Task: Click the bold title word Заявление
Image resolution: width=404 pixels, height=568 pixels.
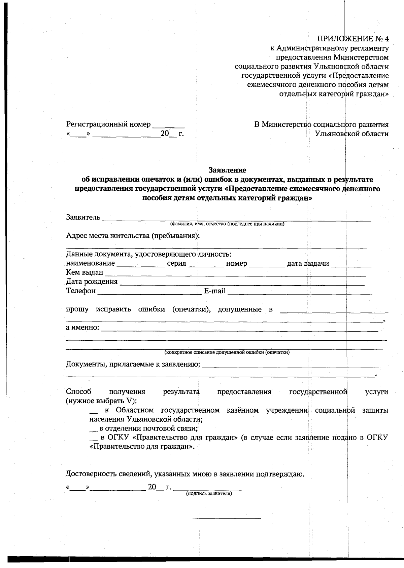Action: [x=227, y=170]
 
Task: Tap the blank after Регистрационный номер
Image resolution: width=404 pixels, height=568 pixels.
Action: [x=168, y=126]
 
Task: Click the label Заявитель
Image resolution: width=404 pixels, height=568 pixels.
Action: [x=83, y=217]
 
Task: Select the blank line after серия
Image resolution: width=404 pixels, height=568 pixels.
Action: [x=206, y=265]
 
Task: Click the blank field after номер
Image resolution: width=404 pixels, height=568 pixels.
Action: [x=267, y=265]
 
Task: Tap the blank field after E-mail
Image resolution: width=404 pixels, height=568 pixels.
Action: [x=300, y=293]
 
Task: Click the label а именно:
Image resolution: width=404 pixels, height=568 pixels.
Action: [x=82, y=327]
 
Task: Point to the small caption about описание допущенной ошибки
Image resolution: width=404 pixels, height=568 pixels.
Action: [x=227, y=352]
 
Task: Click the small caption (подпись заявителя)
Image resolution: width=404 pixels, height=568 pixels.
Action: [x=209, y=494]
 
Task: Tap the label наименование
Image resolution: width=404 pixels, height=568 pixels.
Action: [x=90, y=264]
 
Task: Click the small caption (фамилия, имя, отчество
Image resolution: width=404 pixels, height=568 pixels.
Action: [x=227, y=224]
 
